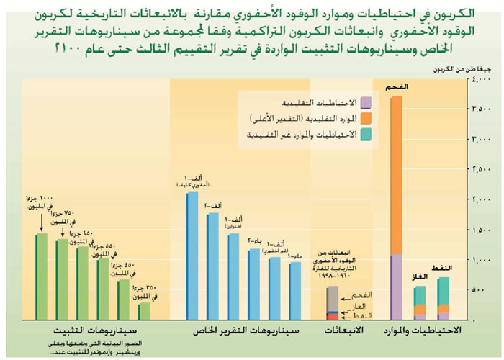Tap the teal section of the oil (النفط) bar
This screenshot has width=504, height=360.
click(x=444, y=291)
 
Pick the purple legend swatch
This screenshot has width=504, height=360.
click(x=367, y=102)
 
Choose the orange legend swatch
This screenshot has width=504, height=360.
click(x=367, y=118)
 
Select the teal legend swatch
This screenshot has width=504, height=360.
click(x=367, y=135)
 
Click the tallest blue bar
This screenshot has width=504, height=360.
click(x=192, y=255)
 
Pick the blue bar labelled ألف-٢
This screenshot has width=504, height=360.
click(x=212, y=266)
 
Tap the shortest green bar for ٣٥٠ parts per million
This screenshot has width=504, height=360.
click(x=144, y=310)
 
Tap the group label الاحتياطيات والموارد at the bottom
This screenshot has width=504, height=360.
click(x=428, y=331)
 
